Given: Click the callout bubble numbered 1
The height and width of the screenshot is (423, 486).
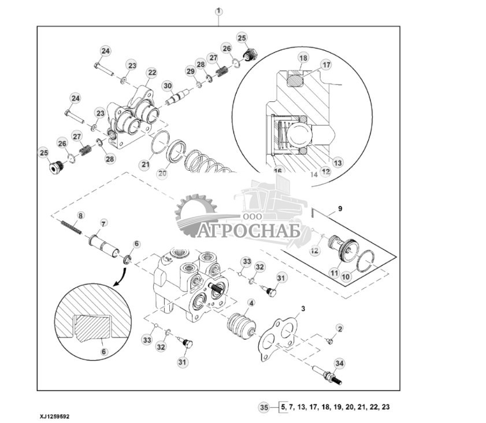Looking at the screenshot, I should click(x=218, y=12).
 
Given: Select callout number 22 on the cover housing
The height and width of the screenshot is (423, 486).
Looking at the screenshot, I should click(x=151, y=72).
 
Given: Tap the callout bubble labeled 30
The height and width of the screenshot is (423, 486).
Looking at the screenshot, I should click(x=168, y=86).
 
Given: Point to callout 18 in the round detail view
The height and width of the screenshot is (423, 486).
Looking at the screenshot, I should click(x=303, y=57).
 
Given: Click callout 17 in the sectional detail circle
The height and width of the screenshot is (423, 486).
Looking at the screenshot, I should click(x=326, y=65).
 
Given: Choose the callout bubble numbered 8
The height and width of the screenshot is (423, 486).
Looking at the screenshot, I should click(x=81, y=216).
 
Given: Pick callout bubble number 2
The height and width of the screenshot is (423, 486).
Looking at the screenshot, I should click(x=339, y=329).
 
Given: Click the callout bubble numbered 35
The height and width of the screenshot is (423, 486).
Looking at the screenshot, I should click(x=264, y=407).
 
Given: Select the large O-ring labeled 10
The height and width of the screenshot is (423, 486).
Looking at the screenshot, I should click(x=365, y=263).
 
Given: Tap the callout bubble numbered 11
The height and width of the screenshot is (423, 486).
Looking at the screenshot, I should click(x=335, y=272).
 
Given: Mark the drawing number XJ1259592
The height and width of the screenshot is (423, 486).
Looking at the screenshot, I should click(x=56, y=416).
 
